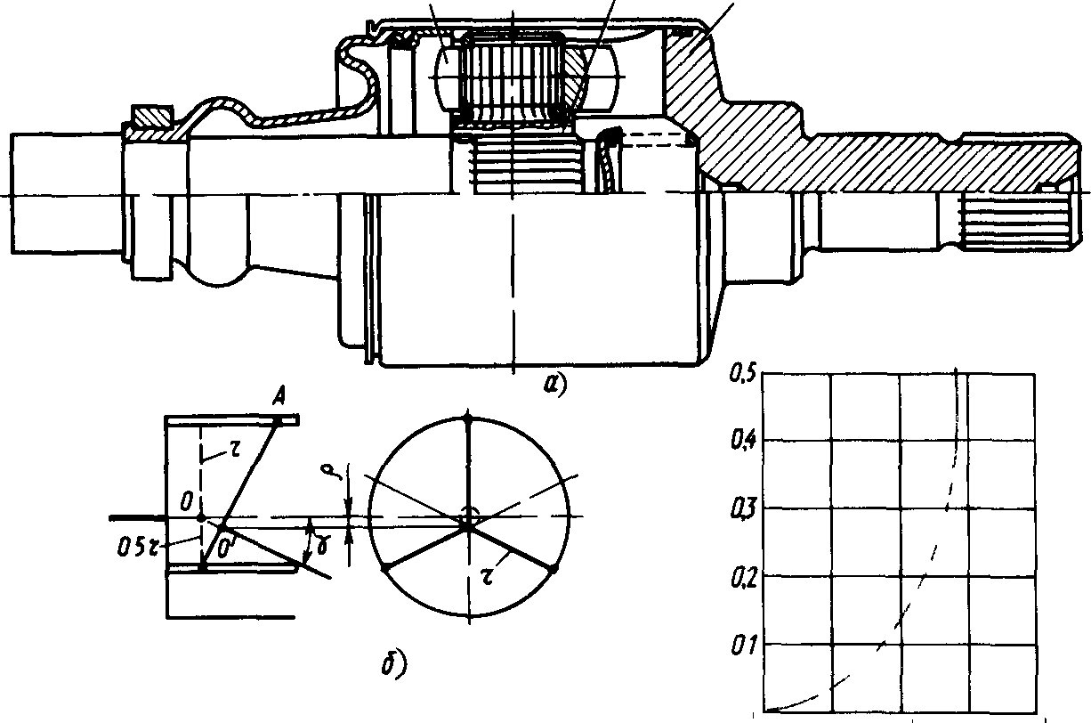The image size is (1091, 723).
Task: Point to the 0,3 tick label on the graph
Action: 743,508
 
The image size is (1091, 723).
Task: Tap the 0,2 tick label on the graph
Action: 743,578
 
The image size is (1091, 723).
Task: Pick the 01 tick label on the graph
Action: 743,644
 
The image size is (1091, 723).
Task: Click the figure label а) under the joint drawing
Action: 554,385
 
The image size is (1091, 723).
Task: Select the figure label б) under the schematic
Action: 394,662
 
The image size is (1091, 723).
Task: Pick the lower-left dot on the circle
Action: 384,567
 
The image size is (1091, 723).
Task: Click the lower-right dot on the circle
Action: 553,567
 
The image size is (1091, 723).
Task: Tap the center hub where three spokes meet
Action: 467,526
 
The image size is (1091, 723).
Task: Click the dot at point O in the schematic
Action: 201,516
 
